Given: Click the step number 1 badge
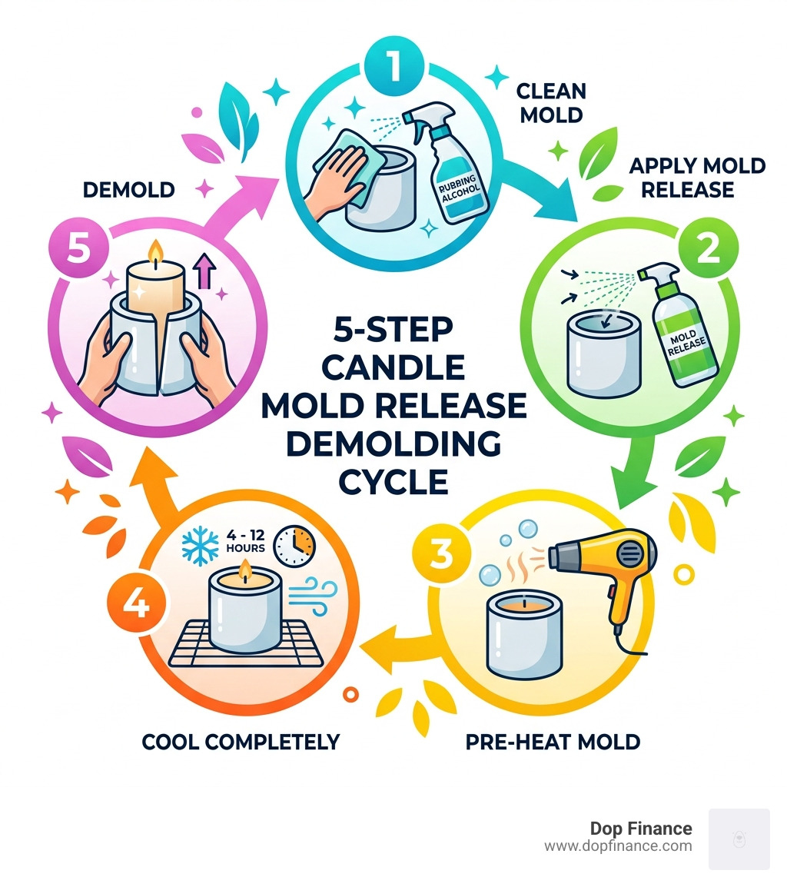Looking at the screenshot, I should click(x=393, y=68).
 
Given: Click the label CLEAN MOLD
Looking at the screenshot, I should click(x=550, y=102).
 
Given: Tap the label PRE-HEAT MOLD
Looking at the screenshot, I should click(x=553, y=742).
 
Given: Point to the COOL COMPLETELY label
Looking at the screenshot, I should click(x=241, y=742).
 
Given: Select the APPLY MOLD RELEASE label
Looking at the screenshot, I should click(x=698, y=178).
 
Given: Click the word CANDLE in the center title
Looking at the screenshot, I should click(x=393, y=367).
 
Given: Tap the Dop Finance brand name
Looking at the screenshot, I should click(x=640, y=829).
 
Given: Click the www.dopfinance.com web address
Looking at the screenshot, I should click(x=618, y=846).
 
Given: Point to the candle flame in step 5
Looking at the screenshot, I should click(x=158, y=250).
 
